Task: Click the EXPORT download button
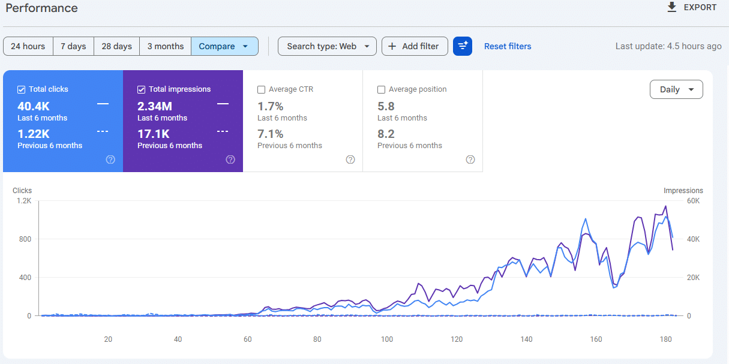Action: [x=691, y=7]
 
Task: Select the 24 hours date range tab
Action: [x=28, y=46]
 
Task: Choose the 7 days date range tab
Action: [x=73, y=46]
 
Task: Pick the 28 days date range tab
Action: [x=116, y=46]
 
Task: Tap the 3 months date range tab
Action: [x=166, y=46]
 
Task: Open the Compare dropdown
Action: [x=224, y=46]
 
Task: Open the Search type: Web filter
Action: [x=327, y=46]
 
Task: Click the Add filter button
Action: [x=415, y=46]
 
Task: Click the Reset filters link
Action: [x=508, y=46]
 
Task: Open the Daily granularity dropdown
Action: [x=676, y=89]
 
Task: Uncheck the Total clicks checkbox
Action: [x=21, y=89]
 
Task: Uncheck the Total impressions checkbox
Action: [x=141, y=89]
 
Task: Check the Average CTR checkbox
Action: [x=262, y=89]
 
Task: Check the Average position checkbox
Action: [x=381, y=89]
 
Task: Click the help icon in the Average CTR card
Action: [x=350, y=160]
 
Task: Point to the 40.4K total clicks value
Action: [x=34, y=106]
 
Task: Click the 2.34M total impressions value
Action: [x=155, y=106]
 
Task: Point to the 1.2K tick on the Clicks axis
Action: [x=24, y=201]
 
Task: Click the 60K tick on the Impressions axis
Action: [x=693, y=201]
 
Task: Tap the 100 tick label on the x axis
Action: [x=387, y=339]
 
